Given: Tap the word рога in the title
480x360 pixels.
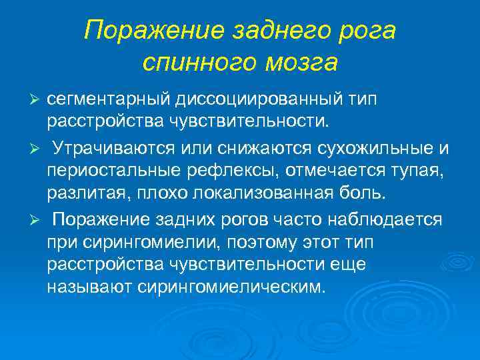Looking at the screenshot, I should point(366,31).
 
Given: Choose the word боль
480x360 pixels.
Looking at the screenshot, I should point(367,193).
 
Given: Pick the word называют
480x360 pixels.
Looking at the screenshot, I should point(85,287).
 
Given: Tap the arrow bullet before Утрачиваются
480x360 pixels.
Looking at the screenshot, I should point(37,146).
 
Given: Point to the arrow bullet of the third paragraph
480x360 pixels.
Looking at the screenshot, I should point(37,219).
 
